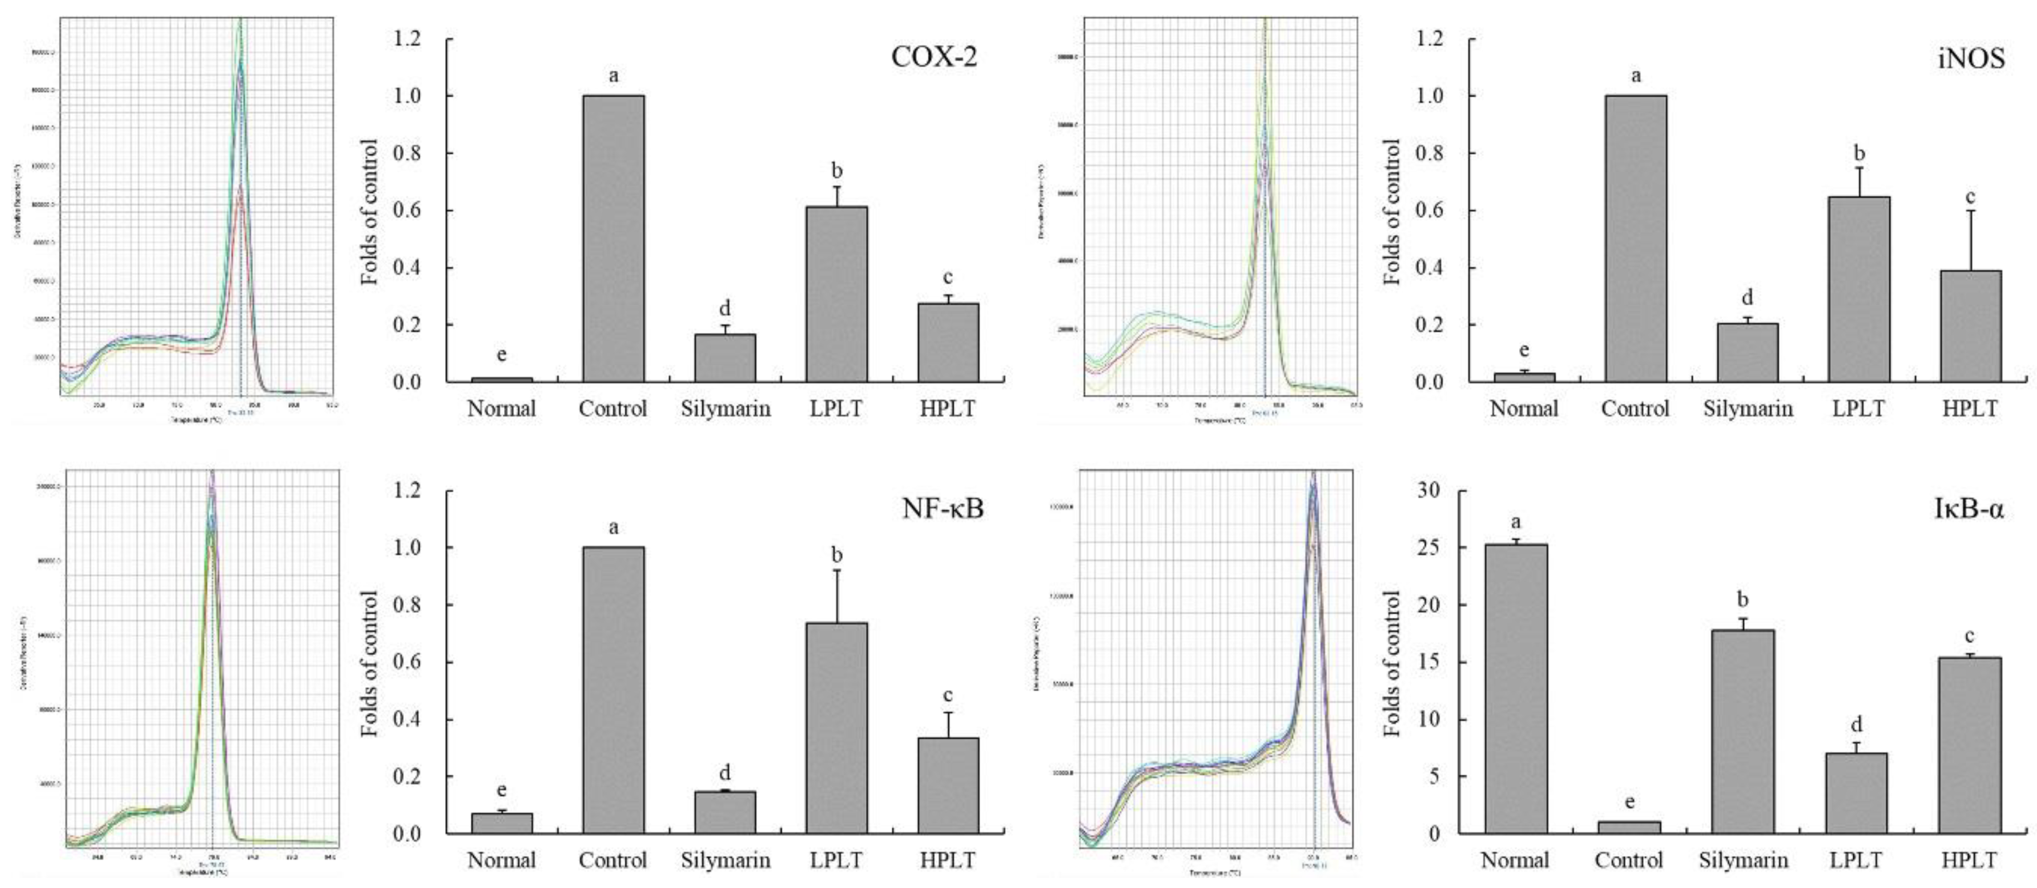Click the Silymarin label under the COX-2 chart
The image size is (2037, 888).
tap(725, 409)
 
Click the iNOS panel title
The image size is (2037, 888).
tap(1971, 58)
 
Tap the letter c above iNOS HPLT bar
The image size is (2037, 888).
tap(1971, 197)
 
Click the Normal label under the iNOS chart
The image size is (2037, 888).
tap(1524, 409)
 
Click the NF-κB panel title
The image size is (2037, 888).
tap(943, 508)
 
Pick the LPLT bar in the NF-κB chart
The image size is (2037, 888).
tap(837, 727)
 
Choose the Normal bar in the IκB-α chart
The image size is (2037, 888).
tap(1516, 688)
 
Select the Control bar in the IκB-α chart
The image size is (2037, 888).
tap(1629, 827)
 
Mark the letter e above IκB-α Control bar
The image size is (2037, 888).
tap(1629, 802)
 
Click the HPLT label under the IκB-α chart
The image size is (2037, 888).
tap(1969, 860)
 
